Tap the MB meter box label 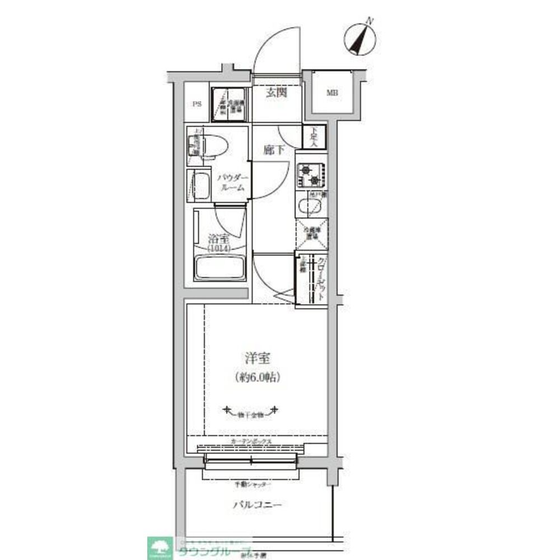click(333, 93)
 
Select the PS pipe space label click(197, 104)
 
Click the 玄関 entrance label click(276, 92)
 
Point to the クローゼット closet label click(321, 280)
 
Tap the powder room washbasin click(201, 185)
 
